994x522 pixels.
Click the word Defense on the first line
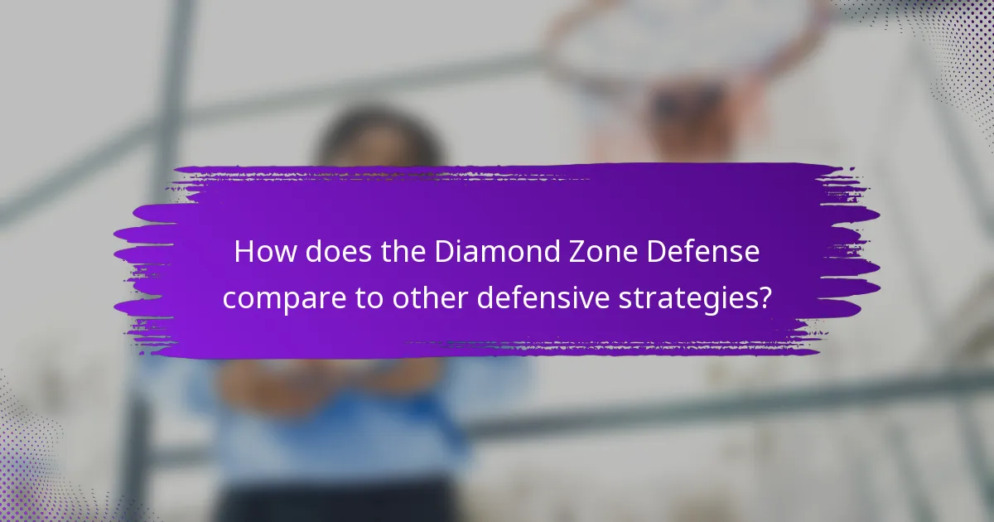703,253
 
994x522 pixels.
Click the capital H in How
244,253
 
